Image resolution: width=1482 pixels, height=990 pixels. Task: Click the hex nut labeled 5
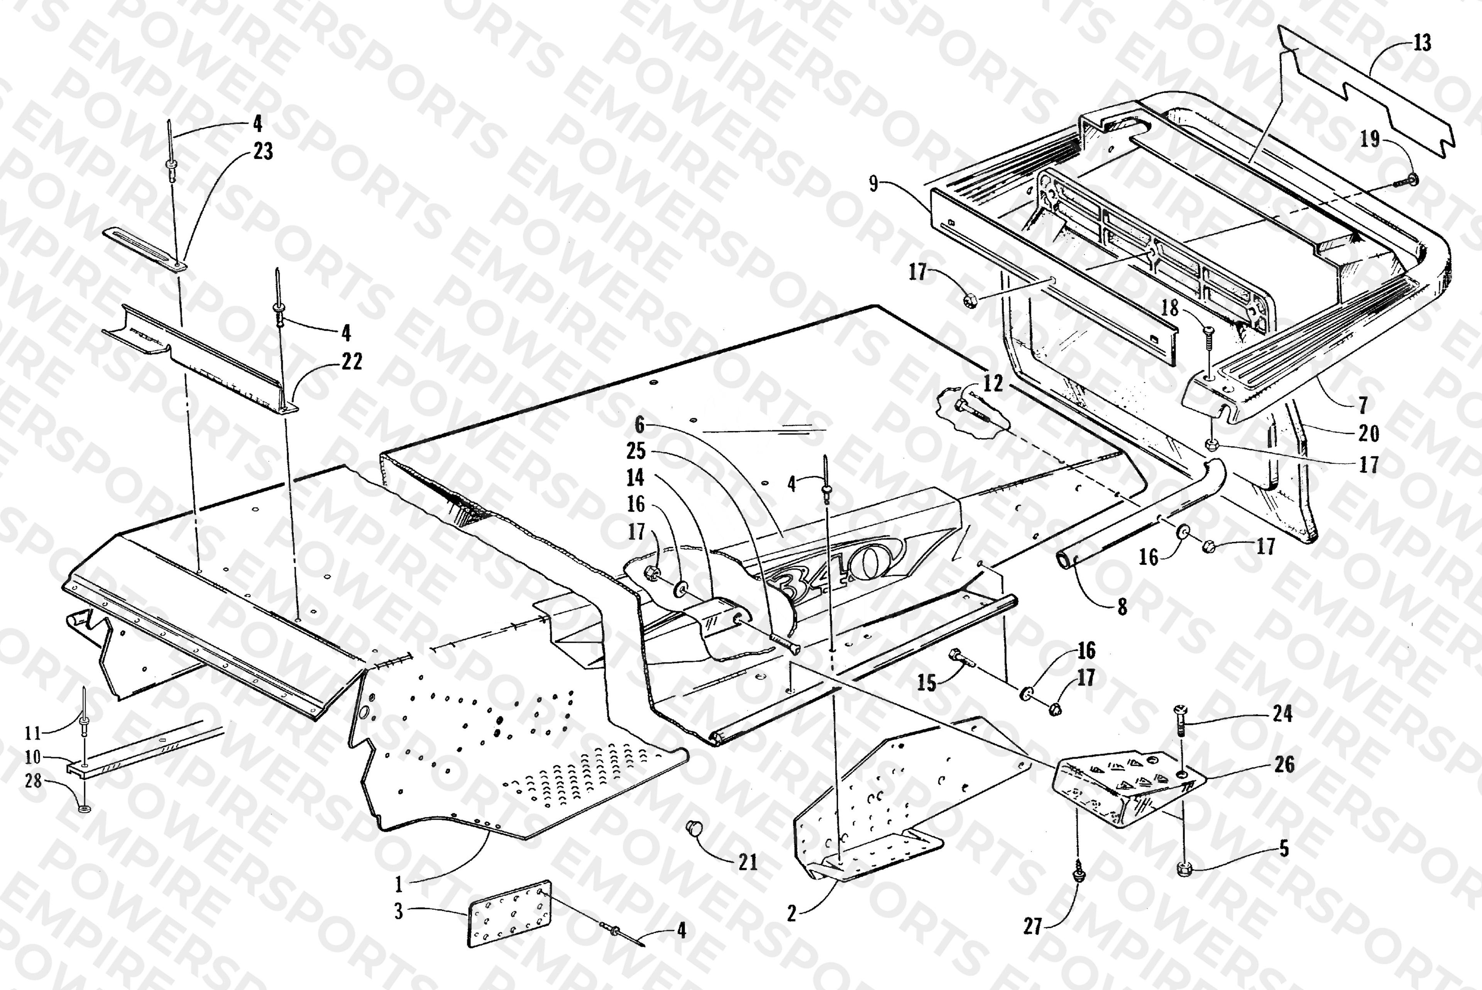click(x=1184, y=868)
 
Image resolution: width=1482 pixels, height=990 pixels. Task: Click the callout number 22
click(x=352, y=362)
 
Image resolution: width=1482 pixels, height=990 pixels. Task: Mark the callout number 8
click(x=1122, y=607)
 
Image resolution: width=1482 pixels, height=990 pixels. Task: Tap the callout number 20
click(x=1368, y=433)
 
